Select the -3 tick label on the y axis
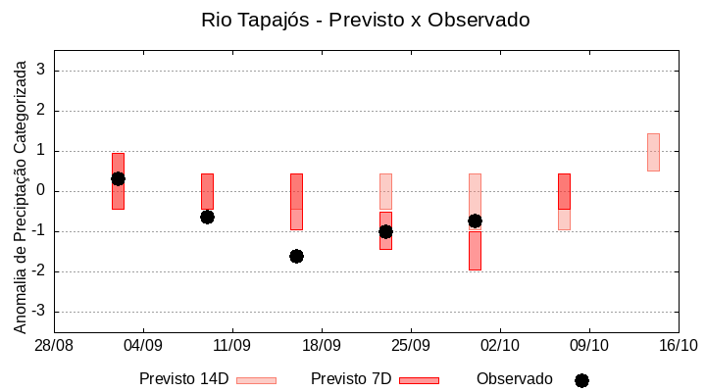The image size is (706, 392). pyautogui.click(x=39, y=312)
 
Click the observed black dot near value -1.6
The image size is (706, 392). pyautogui.click(x=296, y=256)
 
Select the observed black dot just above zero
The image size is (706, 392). pyautogui.click(x=118, y=178)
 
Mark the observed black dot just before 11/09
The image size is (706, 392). pyautogui.click(x=207, y=217)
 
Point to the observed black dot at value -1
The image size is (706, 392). pyautogui.click(x=385, y=231)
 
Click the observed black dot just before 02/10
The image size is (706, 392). pyautogui.click(x=475, y=220)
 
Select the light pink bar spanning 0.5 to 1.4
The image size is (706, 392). pyautogui.click(x=653, y=152)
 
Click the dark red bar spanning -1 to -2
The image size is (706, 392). pyautogui.click(x=475, y=251)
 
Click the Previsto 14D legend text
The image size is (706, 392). pyautogui.click(x=183, y=379)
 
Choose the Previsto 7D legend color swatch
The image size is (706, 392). pyautogui.click(x=419, y=380)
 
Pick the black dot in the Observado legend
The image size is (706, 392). pyautogui.click(x=581, y=380)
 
